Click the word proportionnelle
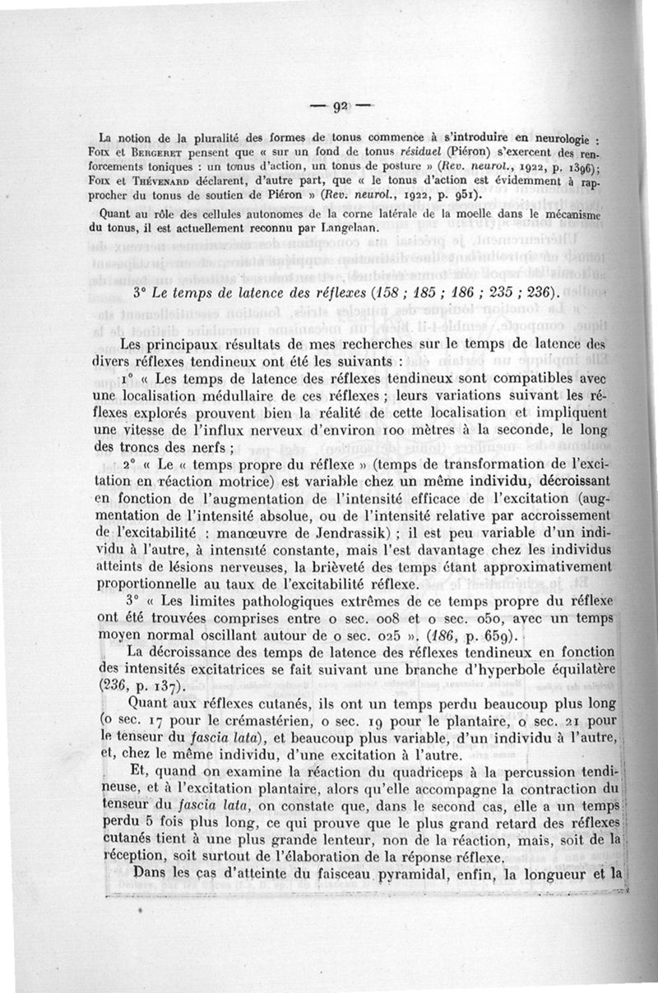tap(159, 584)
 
